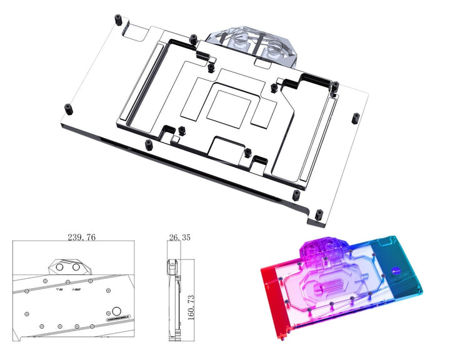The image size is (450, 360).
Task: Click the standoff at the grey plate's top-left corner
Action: click(x=117, y=19)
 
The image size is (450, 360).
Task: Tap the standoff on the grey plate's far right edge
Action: click(x=355, y=117)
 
